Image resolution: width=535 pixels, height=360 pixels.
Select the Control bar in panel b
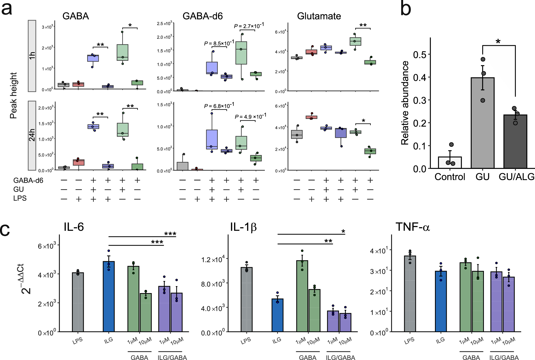coord(450,162)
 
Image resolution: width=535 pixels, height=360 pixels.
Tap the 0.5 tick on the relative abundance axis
coord(419,55)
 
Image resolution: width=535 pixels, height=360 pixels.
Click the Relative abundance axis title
coord(405,103)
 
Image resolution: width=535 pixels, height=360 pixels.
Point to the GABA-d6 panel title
coord(202,16)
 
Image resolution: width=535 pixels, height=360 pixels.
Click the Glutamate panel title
coord(319,16)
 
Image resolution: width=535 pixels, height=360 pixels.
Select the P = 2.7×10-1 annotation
coord(249,26)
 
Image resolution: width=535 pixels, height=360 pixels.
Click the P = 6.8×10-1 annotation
coord(219,106)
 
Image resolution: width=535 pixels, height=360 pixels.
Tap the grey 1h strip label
coord(32,56)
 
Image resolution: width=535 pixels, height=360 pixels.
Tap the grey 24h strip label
coord(32,135)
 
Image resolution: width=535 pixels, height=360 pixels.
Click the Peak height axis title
coord(13,95)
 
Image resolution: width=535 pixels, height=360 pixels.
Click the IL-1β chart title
coord(243,227)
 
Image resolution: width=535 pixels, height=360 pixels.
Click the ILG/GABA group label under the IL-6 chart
coord(172,358)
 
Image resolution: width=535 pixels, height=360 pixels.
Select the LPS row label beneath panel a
coord(20,198)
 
